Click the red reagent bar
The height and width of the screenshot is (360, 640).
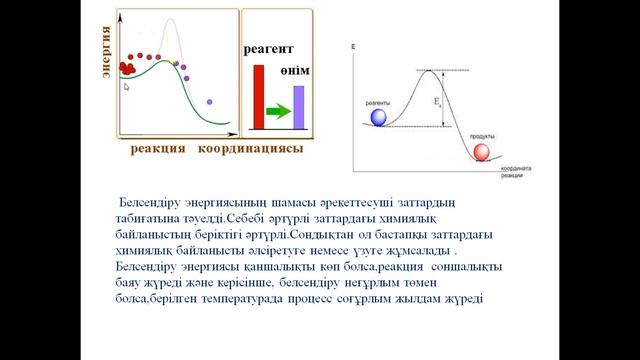[257, 97]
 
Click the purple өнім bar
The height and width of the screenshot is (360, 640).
[298, 107]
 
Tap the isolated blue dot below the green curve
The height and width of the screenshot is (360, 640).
[209, 102]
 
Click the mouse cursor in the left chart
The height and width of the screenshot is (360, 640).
[126, 87]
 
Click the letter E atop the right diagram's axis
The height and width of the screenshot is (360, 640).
[354, 47]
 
